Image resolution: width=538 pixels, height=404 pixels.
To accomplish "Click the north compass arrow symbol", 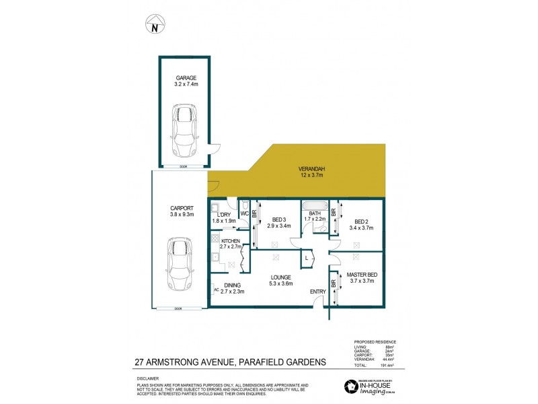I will pyautogui.click(x=155, y=25).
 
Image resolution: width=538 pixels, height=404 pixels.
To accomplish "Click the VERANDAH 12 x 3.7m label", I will pyautogui.click(x=311, y=172).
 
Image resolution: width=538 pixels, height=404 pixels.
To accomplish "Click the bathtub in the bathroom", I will pyautogui.click(x=314, y=206).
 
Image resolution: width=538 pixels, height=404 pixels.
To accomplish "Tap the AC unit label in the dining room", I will pyautogui.click(x=216, y=290).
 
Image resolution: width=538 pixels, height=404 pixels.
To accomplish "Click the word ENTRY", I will pyautogui.click(x=317, y=292).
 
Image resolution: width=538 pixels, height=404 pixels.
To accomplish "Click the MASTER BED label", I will pyautogui.click(x=360, y=274).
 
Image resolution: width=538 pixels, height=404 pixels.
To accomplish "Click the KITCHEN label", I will pyautogui.click(x=231, y=240).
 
